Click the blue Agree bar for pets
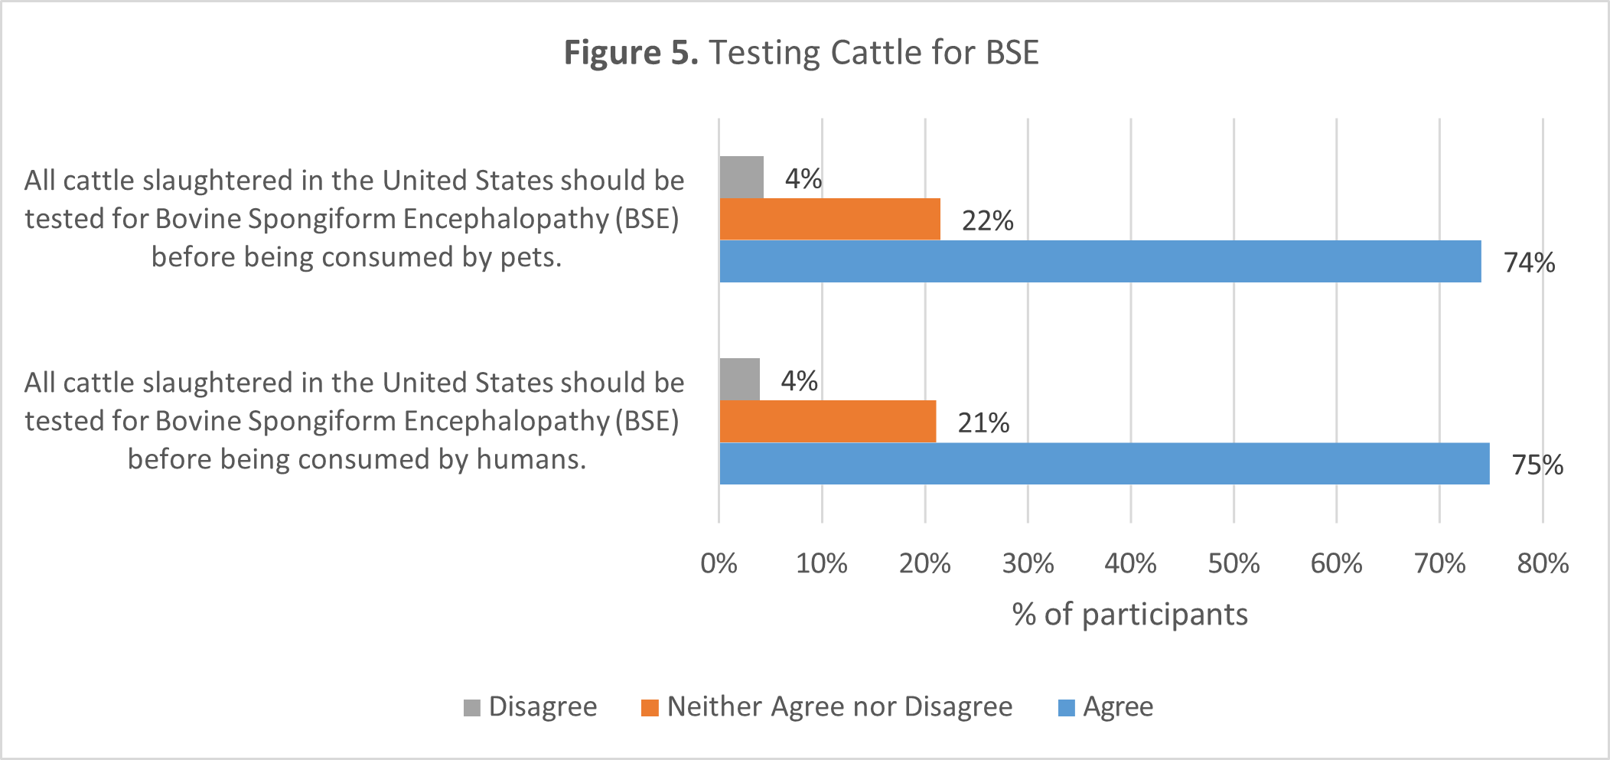[1100, 262]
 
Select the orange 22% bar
[829, 220]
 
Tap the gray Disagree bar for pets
[741, 178]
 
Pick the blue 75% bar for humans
[1104, 464]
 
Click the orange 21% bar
[827, 422]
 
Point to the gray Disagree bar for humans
[739, 380]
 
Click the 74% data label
[1529, 263]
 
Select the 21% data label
[983, 422]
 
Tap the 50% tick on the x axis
[1233, 564]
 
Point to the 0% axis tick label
[719, 564]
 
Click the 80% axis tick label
[1542, 564]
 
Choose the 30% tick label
[1028, 564]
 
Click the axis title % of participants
[1129, 615]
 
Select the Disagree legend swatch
[472, 707]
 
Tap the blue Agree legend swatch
[1066, 707]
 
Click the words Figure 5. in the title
[631, 53]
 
